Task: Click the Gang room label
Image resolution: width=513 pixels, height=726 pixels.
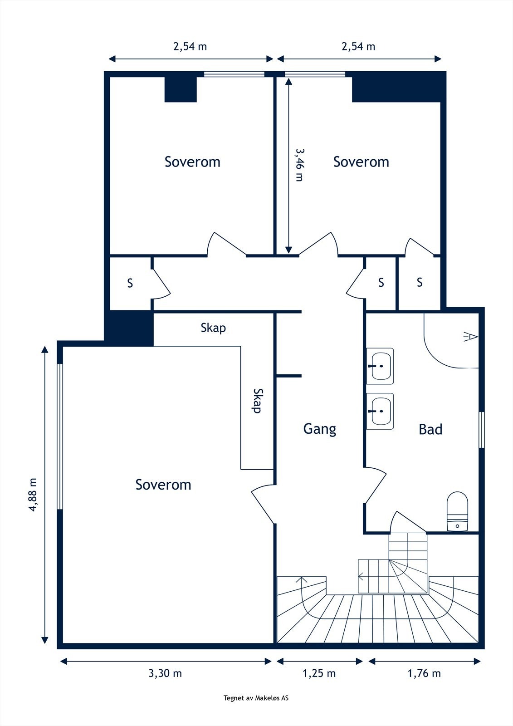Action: [x=319, y=429]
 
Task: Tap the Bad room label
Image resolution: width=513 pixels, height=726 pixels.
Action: [x=430, y=429]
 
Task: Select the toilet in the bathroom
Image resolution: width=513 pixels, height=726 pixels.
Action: [x=457, y=511]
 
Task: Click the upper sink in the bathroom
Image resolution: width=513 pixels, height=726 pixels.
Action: [x=380, y=366]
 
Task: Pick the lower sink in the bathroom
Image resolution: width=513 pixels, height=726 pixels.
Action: [x=380, y=411]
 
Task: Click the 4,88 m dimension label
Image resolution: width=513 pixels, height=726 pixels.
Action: [x=33, y=495]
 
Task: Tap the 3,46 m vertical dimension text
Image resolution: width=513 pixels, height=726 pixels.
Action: [x=299, y=164]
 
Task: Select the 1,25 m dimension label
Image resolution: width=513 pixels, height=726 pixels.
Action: [x=319, y=673]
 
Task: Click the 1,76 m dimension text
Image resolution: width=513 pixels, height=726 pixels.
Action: [x=424, y=673]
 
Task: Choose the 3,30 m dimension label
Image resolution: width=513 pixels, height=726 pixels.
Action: [x=165, y=673]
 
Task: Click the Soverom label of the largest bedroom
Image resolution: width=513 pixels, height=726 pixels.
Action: [x=163, y=485]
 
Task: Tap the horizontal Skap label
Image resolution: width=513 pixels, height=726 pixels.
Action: [x=213, y=328]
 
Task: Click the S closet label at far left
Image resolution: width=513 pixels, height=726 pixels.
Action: [x=130, y=284]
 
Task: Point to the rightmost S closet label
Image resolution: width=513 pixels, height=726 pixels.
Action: [x=420, y=283]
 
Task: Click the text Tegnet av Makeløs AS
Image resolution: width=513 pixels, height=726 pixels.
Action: [x=256, y=698]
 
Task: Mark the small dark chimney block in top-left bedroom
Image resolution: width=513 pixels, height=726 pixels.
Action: [x=180, y=89]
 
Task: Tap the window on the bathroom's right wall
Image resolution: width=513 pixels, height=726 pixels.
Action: [x=482, y=430]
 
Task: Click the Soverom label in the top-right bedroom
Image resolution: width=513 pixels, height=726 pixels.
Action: [x=361, y=162]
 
